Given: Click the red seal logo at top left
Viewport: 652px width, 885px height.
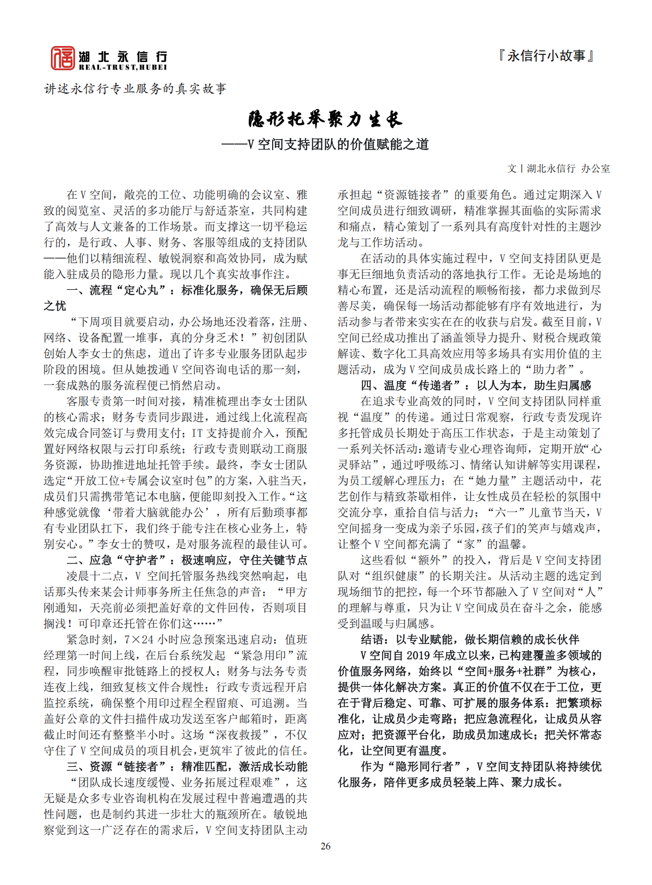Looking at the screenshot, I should [x=62, y=58].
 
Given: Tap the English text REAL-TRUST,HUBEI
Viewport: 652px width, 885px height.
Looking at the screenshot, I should [x=123, y=67].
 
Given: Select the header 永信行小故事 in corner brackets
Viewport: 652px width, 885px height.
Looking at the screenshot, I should [x=546, y=56].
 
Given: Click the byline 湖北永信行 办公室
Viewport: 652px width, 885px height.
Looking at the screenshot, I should [x=568, y=169].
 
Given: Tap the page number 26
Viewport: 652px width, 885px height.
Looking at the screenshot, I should [x=326, y=846].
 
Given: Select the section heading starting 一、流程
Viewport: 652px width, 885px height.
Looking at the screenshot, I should [x=186, y=290].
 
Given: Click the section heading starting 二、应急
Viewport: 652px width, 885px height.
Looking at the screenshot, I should [x=186, y=560].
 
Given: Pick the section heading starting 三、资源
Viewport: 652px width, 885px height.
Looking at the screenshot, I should [x=186, y=767].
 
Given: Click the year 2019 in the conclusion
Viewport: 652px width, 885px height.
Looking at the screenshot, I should [x=419, y=656].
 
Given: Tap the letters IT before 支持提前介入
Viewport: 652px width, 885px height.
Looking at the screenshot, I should [x=197, y=433].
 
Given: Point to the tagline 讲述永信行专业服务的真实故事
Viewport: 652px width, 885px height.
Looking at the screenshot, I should [x=135, y=89].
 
